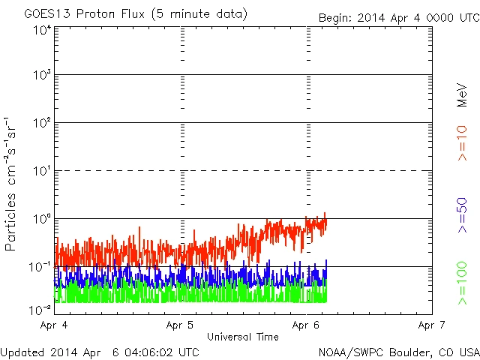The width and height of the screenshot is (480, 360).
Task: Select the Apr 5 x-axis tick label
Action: pyautogui.click(x=181, y=325)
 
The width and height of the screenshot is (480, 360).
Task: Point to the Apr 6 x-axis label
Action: pyautogui.click(x=307, y=325)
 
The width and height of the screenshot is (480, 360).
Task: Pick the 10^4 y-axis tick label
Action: pyautogui.click(x=42, y=29)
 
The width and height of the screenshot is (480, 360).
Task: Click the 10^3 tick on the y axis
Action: pyautogui.click(x=42, y=76)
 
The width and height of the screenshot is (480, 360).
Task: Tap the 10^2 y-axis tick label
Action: pyautogui.click(x=42, y=124)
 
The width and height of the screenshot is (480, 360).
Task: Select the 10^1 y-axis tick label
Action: pyautogui.click(x=42, y=172)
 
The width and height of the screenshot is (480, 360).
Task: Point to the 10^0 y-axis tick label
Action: pyautogui.click(x=42, y=220)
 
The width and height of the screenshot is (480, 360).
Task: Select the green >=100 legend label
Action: pyautogui.click(x=463, y=284)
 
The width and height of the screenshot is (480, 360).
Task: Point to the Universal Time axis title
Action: pyautogui.click(x=242, y=337)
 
